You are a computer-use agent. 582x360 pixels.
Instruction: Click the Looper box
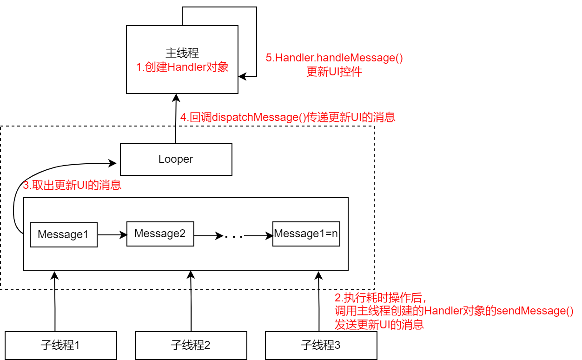(x=176, y=159)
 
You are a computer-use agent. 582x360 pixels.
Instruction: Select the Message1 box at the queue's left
(x=63, y=234)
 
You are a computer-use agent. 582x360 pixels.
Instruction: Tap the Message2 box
(x=160, y=233)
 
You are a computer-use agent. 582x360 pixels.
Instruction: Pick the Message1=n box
(x=306, y=233)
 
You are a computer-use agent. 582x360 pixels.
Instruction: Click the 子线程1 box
(x=60, y=345)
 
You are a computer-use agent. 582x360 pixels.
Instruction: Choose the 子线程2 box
(x=191, y=345)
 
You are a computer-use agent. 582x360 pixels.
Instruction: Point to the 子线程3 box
(x=321, y=345)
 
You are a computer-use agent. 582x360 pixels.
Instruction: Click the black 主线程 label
(x=182, y=53)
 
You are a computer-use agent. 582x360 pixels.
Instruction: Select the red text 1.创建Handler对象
(x=182, y=67)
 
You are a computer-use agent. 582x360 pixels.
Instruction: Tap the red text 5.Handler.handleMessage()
(x=334, y=58)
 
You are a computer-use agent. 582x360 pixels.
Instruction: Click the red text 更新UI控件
(x=334, y=72)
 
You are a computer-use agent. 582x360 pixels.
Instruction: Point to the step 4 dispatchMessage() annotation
(x=287, y=117)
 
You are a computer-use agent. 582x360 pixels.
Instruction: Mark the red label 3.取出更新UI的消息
(x=72, y=185)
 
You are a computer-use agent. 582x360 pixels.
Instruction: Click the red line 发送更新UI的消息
(x=379, y=325)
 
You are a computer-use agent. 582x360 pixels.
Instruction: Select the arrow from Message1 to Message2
(x=112, y=235)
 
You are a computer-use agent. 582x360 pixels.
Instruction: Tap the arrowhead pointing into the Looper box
(x=113, y=163)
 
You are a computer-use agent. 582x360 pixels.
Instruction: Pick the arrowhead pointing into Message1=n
(x=269, y=236)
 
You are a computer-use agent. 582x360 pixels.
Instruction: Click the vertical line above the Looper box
(x=176, y=134)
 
